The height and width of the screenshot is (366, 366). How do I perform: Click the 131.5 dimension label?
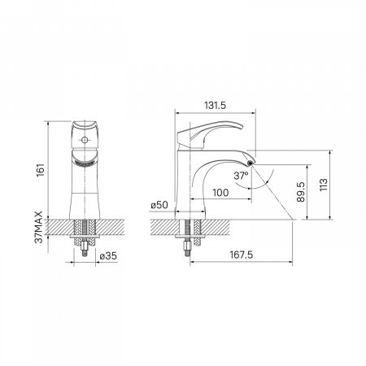215,105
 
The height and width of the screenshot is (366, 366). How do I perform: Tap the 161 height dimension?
41,170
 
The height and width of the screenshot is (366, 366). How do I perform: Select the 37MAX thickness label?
39,227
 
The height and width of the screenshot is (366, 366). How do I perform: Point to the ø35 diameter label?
108,256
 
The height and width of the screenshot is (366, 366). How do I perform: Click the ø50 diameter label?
159,205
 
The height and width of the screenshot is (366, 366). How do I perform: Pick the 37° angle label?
241,176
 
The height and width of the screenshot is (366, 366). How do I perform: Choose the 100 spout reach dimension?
220,193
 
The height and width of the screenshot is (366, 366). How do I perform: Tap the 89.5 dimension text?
301,192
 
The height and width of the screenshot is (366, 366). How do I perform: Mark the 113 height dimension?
324,185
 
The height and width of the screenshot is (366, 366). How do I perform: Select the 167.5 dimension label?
242,255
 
